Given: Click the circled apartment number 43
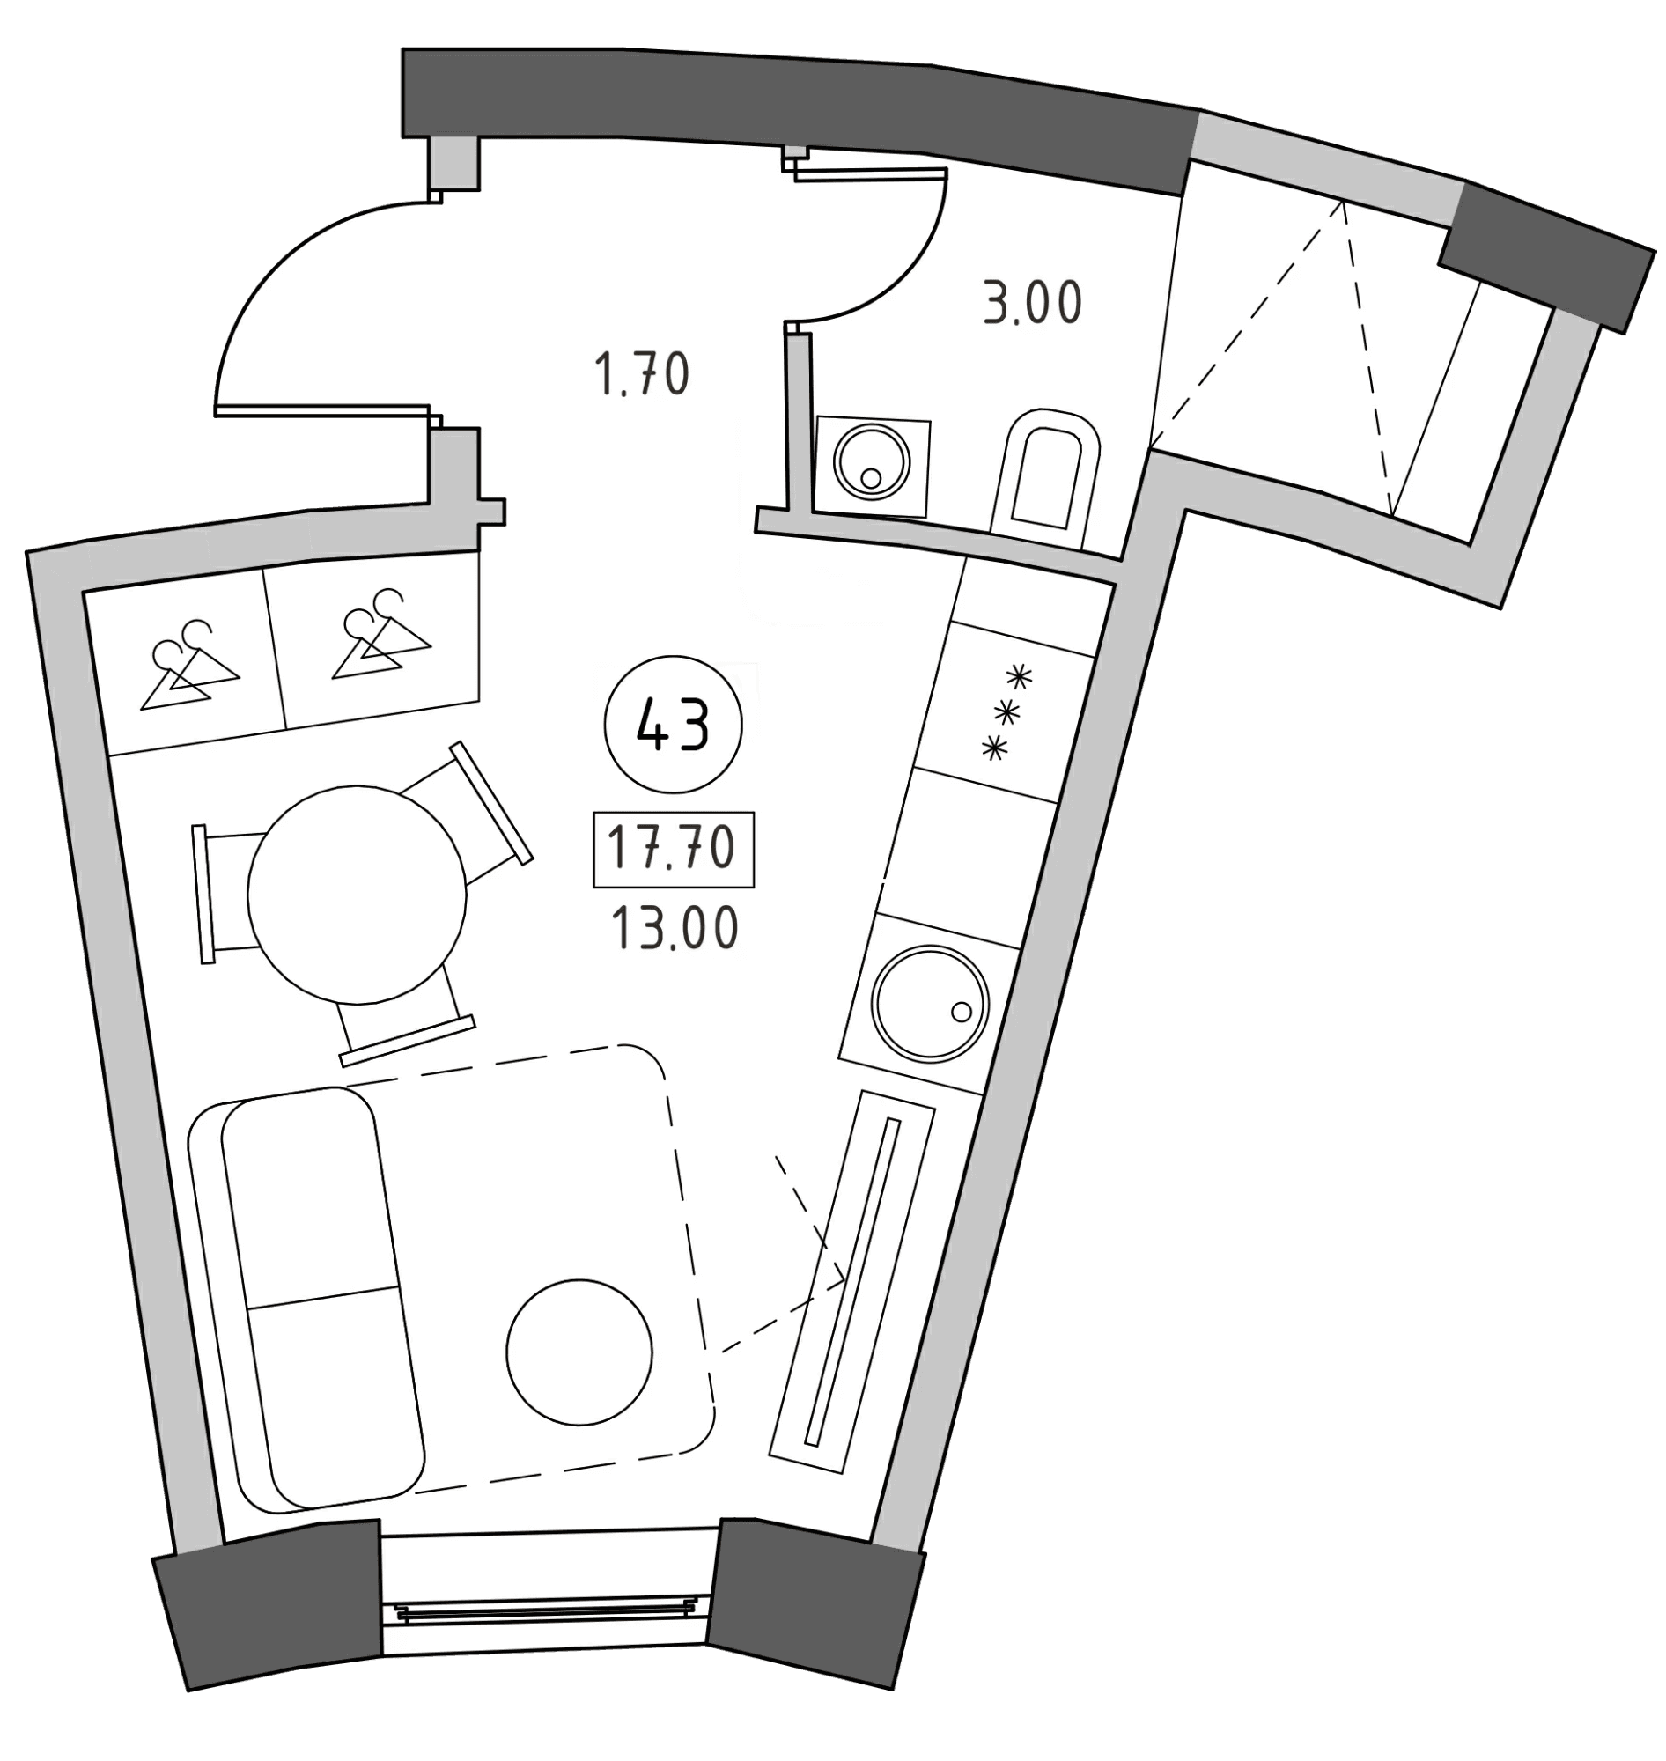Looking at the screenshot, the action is point(674,726).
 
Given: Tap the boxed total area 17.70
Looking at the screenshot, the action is point(674,849).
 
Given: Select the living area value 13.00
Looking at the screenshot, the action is point(674,930).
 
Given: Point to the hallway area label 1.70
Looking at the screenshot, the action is point(641,374).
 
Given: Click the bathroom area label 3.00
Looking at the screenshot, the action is point(1033,303).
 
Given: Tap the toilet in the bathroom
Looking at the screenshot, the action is point(1048,478).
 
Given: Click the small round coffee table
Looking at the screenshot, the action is point(579,1352).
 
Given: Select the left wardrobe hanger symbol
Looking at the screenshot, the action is point(189,665).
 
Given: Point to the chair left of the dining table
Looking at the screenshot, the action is point(226,895).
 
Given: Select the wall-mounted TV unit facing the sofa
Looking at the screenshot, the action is point(852,1281).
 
